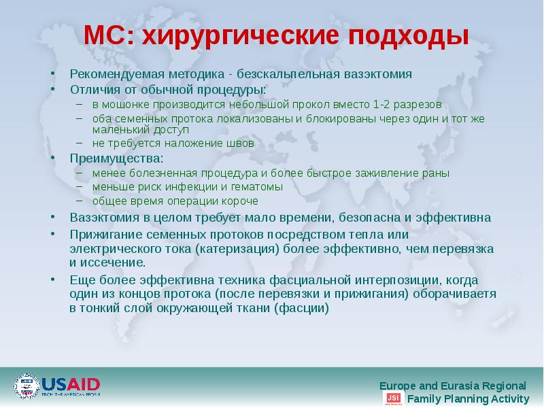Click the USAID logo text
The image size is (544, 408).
[71, 383]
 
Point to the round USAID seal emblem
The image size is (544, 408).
[27, 386]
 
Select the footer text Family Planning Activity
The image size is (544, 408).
[468, 399]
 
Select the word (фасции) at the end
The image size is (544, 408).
[301, 307]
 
